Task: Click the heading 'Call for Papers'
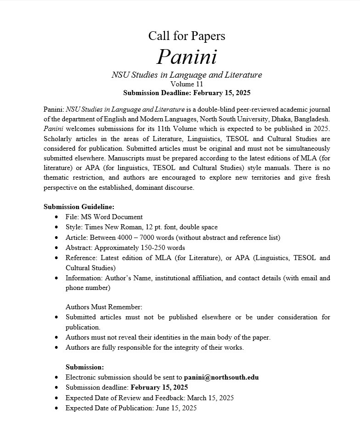[186, 35]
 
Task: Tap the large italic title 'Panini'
[186, 57]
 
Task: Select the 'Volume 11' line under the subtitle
[186, 84]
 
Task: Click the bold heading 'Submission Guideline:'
[79, 207]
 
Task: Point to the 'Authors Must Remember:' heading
[104, 306]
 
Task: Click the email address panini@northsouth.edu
[221, 377]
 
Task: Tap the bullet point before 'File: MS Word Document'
[56, 217]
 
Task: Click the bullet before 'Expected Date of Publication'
[56, 408]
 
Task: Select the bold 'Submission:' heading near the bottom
[85, 367]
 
